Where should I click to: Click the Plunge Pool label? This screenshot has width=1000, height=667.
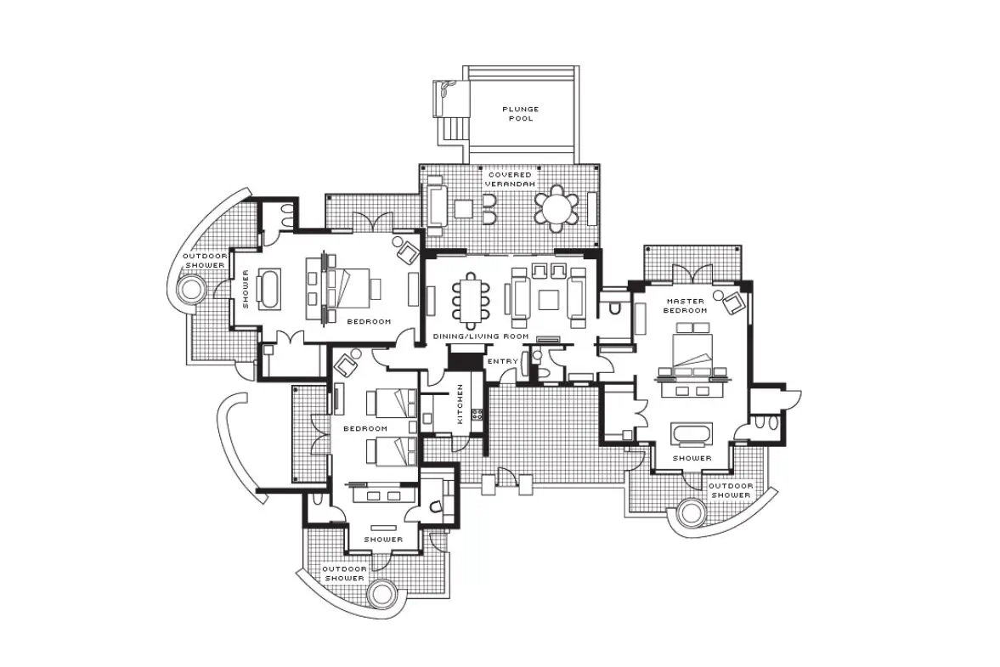point(521,114)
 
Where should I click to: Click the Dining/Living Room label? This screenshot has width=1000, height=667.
point(481,336)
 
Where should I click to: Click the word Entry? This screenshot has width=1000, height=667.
point(503,362)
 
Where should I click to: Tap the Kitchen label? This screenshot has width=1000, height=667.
point(460,404)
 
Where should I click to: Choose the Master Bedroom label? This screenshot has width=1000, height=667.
point(685,305)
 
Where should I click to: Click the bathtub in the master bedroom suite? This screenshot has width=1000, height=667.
point(692,433)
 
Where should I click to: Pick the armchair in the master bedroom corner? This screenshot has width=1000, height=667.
point(733,302)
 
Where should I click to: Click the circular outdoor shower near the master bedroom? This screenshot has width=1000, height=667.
point(691,512)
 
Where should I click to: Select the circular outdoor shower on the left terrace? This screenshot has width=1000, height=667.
point(191,290)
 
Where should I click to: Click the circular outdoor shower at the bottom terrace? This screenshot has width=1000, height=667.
point(382,594)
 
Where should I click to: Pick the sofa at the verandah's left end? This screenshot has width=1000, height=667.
point(436,205)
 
